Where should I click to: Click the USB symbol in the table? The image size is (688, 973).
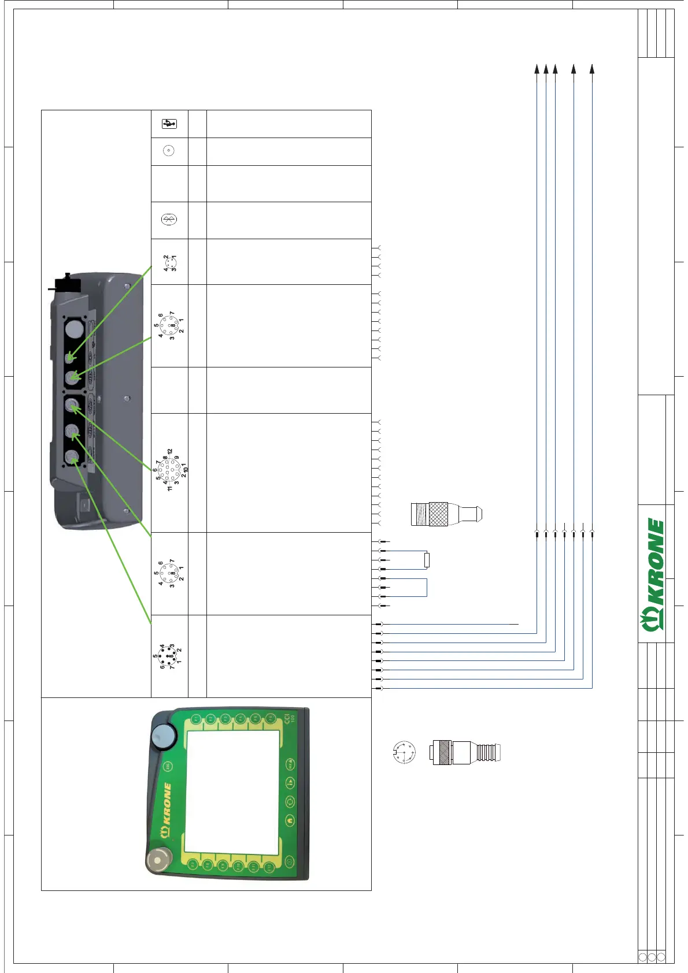tap(169, 124)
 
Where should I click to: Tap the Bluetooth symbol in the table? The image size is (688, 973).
tap(169, 220)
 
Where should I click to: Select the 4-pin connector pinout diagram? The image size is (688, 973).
tap(169, 263)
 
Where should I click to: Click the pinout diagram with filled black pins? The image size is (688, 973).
tap(167, 656)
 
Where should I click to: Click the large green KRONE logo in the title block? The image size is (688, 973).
tap(654, 575)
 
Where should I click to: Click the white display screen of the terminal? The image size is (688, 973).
tap(233, 786)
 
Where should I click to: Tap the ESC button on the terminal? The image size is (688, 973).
tap(168, 766)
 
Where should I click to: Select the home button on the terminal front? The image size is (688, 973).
tap(290, 819)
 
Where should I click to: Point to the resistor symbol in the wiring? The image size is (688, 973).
tap(427, 560)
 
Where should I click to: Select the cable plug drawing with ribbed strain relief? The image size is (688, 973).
tap(466, 753)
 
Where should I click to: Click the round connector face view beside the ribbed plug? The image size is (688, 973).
tap(404, 752)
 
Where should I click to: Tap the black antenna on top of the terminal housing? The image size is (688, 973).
tap(65, 284)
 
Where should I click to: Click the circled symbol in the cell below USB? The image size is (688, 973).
tap(169, 151)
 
